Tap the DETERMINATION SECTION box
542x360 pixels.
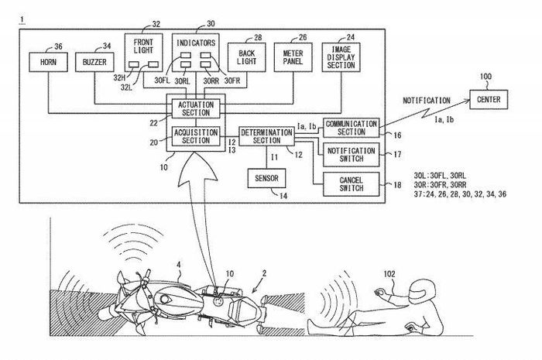(266, 135)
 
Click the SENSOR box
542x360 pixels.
(266, 177)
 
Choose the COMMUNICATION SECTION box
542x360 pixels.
(351, 126)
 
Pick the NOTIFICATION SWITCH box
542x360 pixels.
(351, 155)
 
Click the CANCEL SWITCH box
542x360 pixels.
(351, 183)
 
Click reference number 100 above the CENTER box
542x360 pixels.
(485, 77)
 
